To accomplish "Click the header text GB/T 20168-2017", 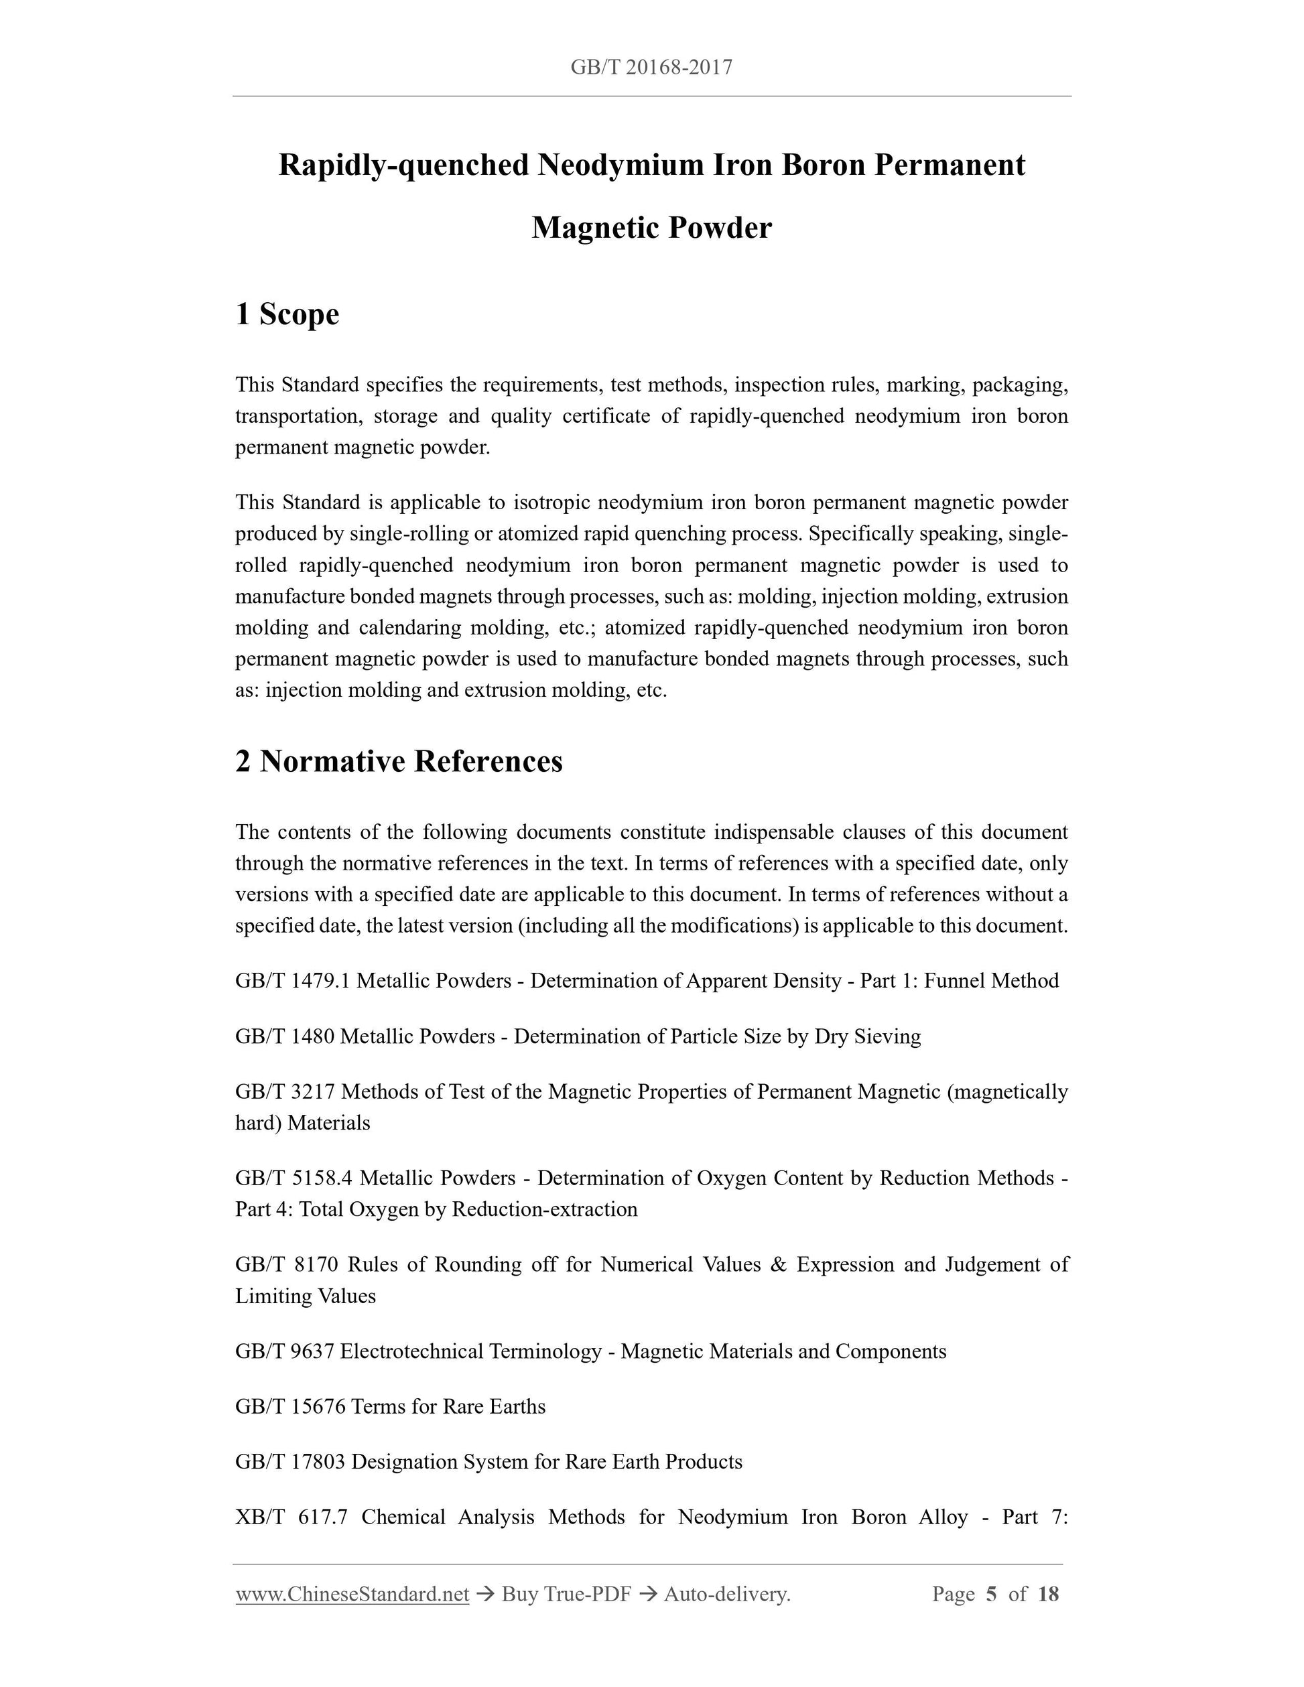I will (651, 68).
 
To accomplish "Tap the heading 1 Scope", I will (287, 314).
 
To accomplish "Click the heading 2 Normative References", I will (399, 762).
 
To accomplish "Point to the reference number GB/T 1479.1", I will (293, 981).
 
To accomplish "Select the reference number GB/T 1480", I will (284, 1036).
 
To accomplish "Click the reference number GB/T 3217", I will (285, 1092).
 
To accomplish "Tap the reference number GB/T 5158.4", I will (294, 1178).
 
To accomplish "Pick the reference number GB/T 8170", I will (287, 1264).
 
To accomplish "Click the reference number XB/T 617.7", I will (291, 1518).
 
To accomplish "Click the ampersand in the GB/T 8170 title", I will (778, 1264).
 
